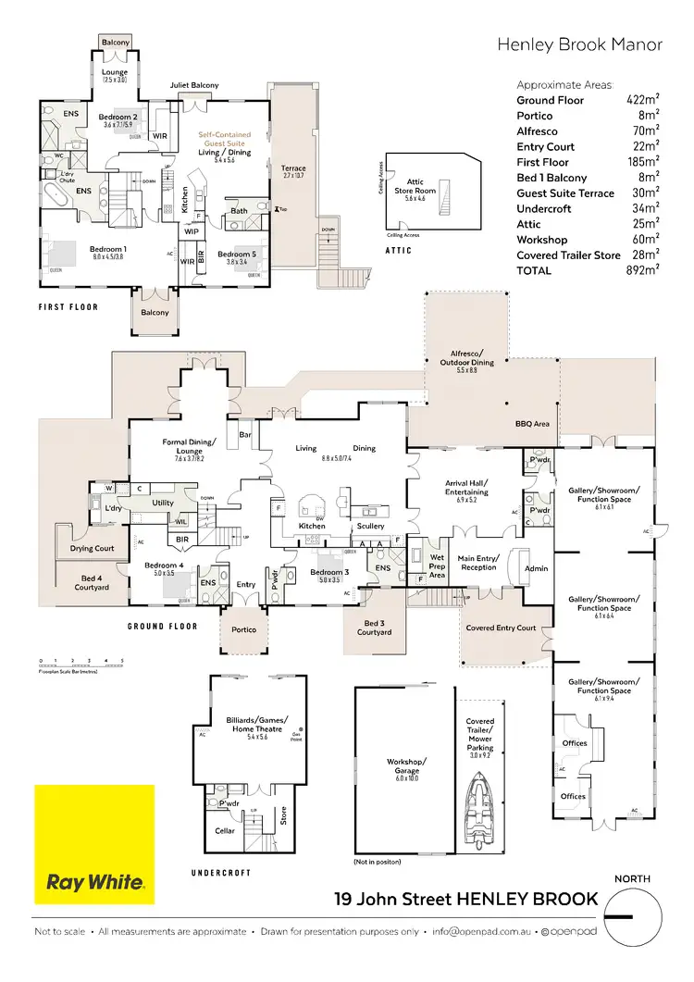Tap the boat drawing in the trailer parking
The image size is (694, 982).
(479, 797)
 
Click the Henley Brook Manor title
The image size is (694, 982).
(580, 44)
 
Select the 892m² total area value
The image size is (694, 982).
(641, 270)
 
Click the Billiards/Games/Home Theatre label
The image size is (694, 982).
(257, 725)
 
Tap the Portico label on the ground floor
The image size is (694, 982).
(244, 629)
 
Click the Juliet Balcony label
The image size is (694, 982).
(194, 85)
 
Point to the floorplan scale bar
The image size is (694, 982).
(81, 664)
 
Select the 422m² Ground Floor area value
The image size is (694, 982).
(641, 100)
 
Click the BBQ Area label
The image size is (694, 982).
(532, 424)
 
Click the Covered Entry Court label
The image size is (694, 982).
(501, 628)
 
